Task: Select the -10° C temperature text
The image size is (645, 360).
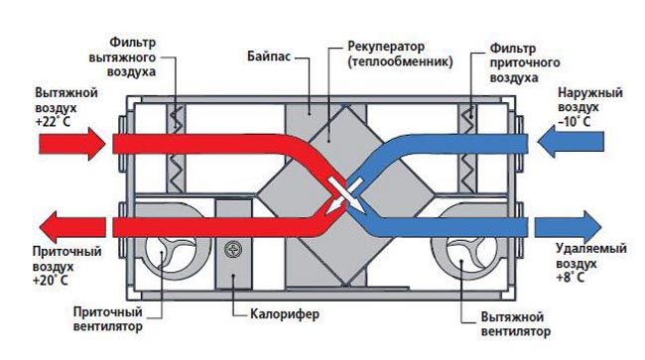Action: pos(575,121)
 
